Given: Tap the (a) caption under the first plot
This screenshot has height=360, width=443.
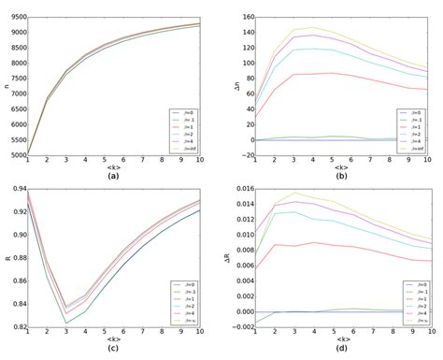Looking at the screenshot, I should point(112,175).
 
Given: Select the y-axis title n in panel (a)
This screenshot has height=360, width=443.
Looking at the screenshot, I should point(5,86).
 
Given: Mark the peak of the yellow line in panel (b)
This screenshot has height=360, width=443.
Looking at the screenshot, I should point(313,28).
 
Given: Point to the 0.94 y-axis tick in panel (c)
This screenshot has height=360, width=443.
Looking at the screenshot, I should point(15,190).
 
